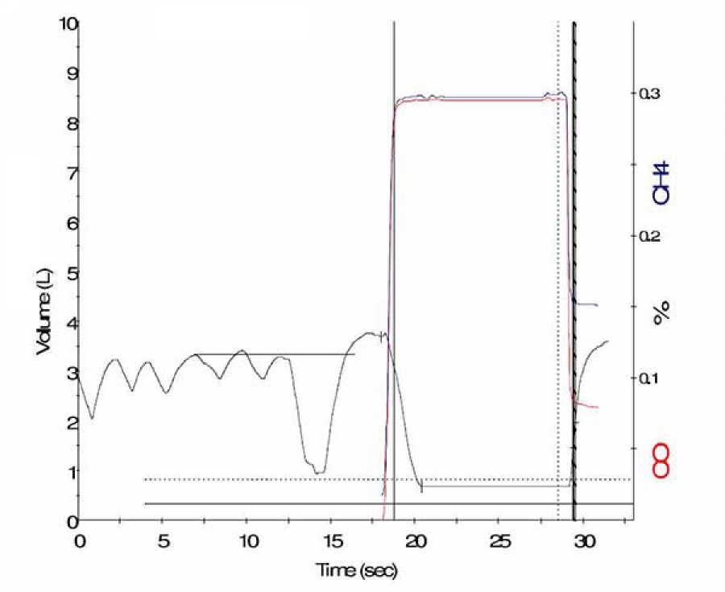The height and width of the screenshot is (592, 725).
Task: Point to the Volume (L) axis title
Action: (43, 303)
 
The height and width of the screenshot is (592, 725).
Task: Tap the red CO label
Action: (662, 460)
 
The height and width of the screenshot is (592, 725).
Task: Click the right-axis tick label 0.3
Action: (652, 93)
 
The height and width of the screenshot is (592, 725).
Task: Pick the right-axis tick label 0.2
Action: (652, 236)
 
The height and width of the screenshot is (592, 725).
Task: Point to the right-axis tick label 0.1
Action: (652, 378)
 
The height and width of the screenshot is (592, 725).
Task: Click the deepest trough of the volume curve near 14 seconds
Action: (319, 472)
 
